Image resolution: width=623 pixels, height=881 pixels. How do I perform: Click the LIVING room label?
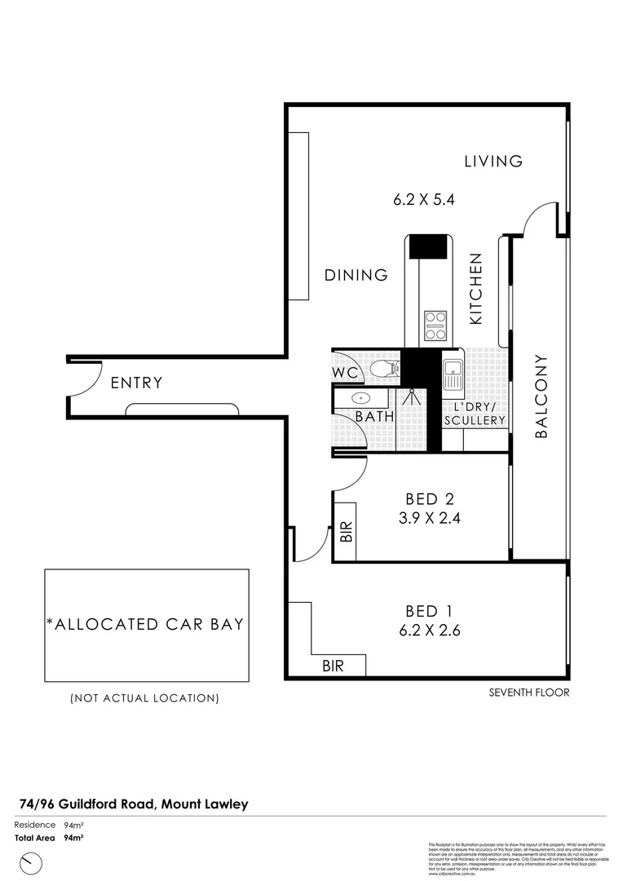493,161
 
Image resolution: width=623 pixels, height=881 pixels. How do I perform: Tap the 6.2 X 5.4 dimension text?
421,198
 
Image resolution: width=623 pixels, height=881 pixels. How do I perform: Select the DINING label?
356,275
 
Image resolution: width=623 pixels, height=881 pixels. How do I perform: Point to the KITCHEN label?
476,289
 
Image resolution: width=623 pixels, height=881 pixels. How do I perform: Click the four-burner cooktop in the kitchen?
435,325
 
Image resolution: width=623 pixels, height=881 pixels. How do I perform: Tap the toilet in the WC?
383,370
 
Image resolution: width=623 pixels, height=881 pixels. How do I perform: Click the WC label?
346,373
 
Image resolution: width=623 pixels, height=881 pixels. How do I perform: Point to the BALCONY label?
541,396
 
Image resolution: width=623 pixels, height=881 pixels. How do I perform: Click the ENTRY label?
136,383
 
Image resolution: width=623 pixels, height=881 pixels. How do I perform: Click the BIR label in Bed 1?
333,666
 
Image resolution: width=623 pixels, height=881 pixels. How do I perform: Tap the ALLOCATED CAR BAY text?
146,624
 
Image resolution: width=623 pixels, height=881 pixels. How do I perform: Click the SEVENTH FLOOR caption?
528,693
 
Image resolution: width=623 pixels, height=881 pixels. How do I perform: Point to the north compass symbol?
31,861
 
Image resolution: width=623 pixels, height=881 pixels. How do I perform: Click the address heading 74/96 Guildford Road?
131,804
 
